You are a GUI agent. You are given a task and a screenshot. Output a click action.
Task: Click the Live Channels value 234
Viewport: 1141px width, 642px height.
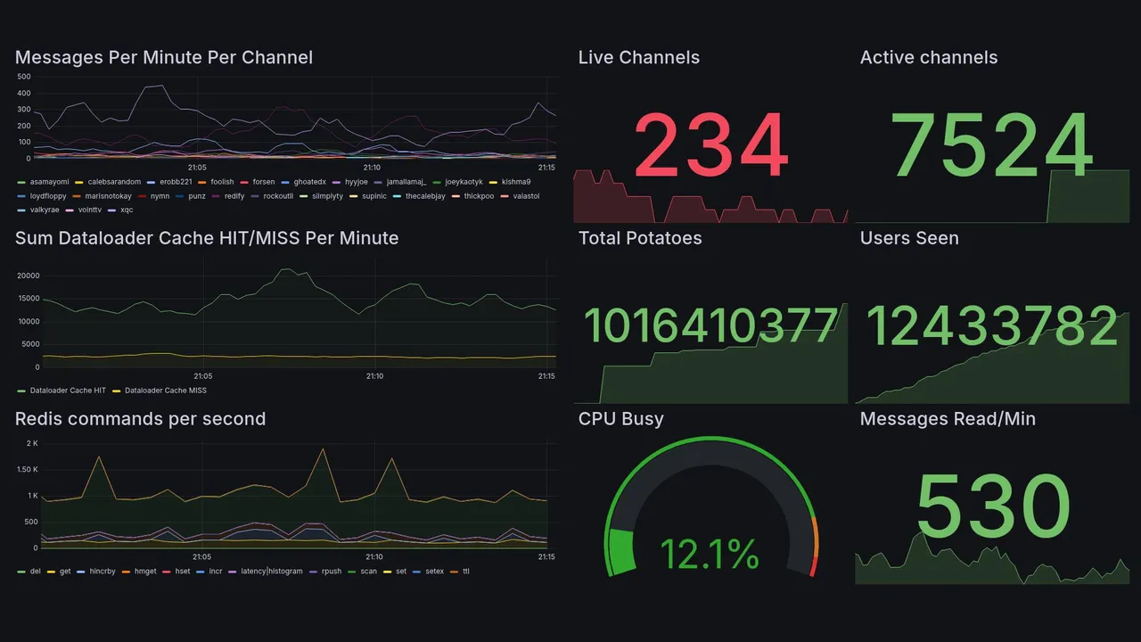click(x=710, y=145)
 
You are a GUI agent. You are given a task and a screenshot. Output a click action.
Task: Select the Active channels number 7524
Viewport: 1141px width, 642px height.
click(x=992, y=145)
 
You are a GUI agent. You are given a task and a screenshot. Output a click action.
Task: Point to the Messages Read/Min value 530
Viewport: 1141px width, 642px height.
click(x=992, y=506)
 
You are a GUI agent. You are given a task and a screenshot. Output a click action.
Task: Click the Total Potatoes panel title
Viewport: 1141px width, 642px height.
click(x=639, y=238)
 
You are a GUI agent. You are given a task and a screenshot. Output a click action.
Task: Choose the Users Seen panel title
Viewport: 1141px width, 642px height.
click(x=908, y=238)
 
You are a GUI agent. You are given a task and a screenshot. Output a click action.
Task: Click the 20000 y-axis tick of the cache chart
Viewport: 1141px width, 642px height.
click(x=28, y=276)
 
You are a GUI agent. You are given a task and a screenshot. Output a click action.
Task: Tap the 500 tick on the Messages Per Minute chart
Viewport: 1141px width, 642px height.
click(x=24, y=78)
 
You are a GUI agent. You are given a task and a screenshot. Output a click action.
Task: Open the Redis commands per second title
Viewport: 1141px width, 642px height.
click(x=140, y=419)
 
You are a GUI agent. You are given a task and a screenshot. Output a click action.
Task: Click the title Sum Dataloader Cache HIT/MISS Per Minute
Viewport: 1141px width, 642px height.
click(x=207, y=238)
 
